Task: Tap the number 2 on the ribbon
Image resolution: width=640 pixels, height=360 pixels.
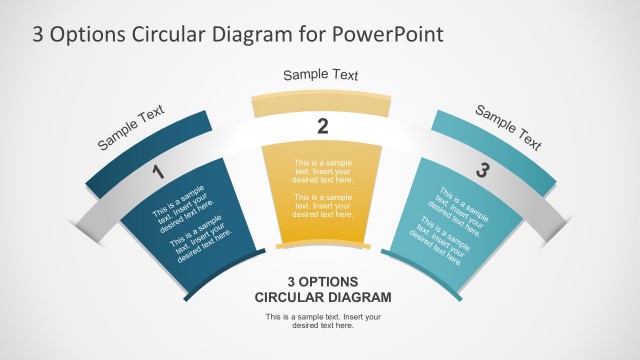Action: coord(322,126)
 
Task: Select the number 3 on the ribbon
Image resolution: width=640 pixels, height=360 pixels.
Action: coord(482,171)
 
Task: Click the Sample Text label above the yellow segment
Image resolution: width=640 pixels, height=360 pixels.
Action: coord(320,75)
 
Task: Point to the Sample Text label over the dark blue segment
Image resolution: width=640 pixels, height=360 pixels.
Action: coord(131,128)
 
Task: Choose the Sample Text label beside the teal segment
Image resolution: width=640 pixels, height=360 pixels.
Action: coord(507,127)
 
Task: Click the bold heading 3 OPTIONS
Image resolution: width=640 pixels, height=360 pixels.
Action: coord(323,281)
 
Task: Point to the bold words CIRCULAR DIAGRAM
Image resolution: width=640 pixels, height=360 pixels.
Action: coord(323,297)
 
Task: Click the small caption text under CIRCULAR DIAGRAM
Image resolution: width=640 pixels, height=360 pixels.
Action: coord(323,321)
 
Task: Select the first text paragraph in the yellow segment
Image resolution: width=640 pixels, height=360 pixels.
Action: coord(322,171)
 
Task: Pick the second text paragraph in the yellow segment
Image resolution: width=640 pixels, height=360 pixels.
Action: coord(322,206)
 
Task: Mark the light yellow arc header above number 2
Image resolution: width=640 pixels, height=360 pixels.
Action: coord(320,105)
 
